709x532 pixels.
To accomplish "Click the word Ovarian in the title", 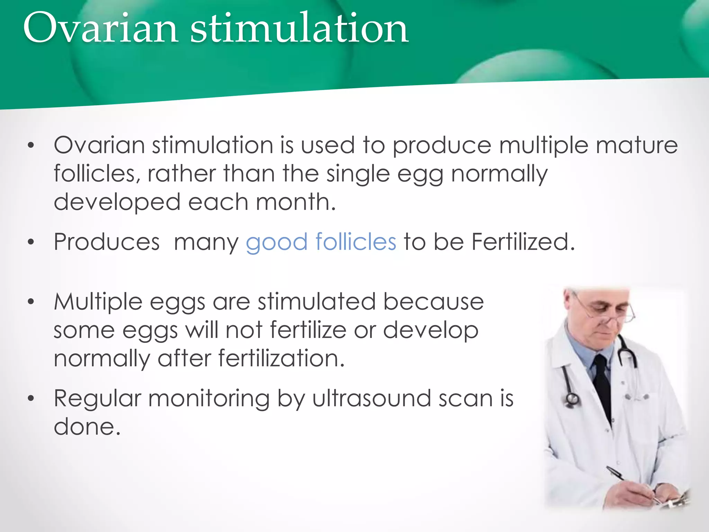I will click(x=100, y=28).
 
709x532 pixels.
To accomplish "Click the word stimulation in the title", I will click(x=299, y=28).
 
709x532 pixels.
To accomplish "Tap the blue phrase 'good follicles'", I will click(x=321, y=242).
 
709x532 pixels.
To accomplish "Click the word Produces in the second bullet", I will click(x=107, y=242).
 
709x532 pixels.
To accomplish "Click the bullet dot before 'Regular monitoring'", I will click(x=31, y=399).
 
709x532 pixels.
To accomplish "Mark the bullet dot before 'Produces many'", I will click(x=31, y=242).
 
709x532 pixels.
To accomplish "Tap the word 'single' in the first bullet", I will click(x=358, y=174).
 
